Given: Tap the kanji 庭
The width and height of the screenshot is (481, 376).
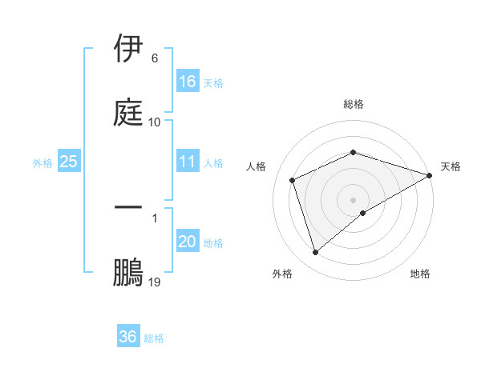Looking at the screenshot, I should (x=129, y=112).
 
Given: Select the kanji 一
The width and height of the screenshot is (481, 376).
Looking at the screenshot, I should (x=129, y=208).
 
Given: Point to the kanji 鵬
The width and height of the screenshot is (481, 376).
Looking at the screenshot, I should (x=129, y=272).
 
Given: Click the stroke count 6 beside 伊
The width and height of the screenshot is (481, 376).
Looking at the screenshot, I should (x=155, y=58).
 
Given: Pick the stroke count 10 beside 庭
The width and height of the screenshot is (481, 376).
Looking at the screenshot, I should (x=155, y=122).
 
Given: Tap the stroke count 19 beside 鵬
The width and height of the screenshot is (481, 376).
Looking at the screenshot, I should (x=155, y=282).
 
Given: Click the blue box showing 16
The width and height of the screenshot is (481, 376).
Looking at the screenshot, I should (x=188, y=82).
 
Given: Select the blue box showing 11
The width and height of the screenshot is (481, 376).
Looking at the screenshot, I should (x=188, y=162).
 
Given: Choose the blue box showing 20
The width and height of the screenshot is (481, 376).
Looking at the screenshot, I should (x=188, y=242).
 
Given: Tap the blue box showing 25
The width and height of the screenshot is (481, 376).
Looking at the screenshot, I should (x=69, y=162).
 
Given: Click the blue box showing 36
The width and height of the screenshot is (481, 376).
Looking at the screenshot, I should (x=128, y=337).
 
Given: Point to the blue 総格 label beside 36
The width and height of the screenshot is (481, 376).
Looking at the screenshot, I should (x=154, y=338).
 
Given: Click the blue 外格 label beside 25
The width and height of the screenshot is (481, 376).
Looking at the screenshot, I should (x=42, y=162).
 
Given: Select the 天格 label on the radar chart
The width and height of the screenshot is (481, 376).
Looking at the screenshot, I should (x=451, y=166).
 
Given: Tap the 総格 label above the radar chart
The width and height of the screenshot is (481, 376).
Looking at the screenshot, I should (x=354, y=104).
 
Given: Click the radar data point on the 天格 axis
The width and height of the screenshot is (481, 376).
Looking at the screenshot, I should (x=430, y=174).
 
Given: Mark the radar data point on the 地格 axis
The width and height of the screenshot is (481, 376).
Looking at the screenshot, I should (x=363, y=213).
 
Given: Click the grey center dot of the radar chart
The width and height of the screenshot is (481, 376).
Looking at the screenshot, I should (x=354, y=199).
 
